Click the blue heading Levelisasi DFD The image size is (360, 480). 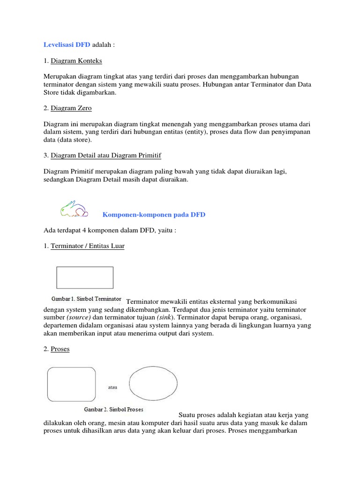click(67, 45)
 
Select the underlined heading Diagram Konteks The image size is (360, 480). click(76, 61)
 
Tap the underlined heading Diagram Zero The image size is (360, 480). click(71, 108)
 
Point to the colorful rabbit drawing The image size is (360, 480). click(74, 209)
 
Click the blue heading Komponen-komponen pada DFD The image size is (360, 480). click(154, 215)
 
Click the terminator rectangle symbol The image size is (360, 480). click(85, 277)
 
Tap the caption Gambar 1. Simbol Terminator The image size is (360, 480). click(86, 299)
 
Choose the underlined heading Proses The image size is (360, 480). click(60, 349)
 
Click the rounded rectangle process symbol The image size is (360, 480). click(71, 384)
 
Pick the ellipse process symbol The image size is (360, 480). click(153, 383)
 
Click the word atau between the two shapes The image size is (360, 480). click(112, 388)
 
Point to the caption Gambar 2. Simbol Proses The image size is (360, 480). click(113, 409)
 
